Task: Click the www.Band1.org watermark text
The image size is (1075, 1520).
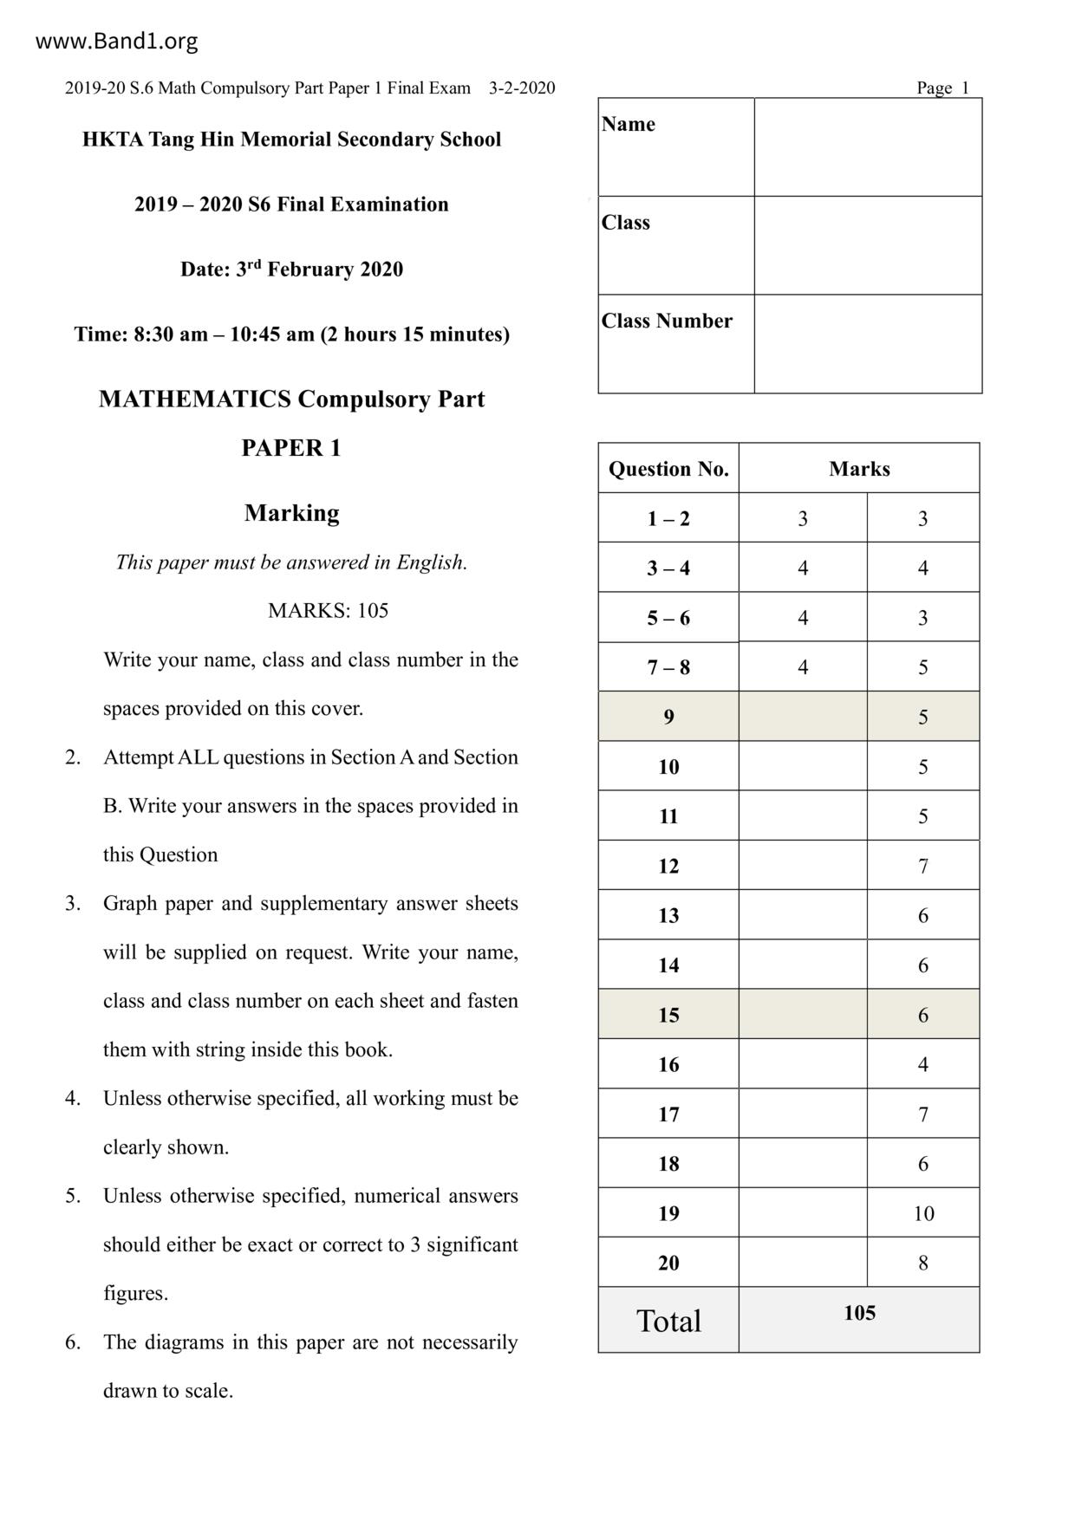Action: pos(116,41)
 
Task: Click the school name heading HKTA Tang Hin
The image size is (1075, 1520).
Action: pos(291,140)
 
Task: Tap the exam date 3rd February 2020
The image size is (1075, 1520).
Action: pos(291,270)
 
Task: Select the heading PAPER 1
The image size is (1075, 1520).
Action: pos(291,448)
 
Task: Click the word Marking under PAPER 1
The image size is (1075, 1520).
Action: pos(291,513)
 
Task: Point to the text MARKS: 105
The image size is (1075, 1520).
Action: pos(328,611)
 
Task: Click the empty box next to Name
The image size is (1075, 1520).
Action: pos(868,147)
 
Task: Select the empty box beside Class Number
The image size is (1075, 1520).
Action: pos(868,344)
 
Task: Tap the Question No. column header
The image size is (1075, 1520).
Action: pos(668,469)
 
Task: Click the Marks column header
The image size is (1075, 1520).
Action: pos(859,469)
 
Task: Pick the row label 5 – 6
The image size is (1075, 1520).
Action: pos(668,618)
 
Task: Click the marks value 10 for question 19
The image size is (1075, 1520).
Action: pos(923,1213)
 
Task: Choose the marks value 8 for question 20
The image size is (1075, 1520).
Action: pos(923,1263)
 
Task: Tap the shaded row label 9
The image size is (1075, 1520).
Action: pos(668,717)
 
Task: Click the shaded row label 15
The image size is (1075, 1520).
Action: pos(668,1015)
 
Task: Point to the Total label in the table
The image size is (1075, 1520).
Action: pos(668,1321)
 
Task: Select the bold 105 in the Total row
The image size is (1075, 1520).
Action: pos(859,1313)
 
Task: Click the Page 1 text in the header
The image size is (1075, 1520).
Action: pos(942,88)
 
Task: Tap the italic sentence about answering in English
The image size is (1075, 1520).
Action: pos(291,562)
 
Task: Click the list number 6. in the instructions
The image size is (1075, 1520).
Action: pos(73,1342)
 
